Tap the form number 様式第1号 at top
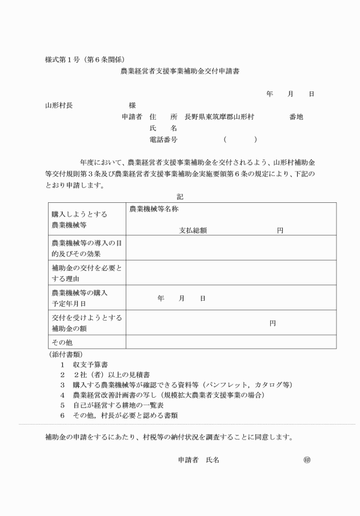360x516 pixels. coord(63,59)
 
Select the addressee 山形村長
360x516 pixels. coord(59,105)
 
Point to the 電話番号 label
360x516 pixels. coord(163,139)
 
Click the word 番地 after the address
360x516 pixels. coord(296,117)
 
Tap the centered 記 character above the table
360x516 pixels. coord(180,197)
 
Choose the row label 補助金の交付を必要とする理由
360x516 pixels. coord(87,273)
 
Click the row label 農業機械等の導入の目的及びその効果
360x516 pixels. coord(87,248)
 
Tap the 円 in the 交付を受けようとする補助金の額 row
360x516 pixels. coord(273,323)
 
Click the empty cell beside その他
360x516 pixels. coord(230,342)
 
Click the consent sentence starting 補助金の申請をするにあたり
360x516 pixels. coord(169,438)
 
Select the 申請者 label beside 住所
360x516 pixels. coord(132,117)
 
